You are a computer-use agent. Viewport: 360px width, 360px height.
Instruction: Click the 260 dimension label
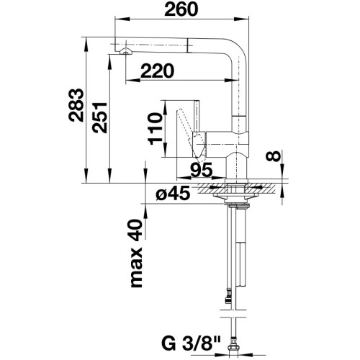(x=181, y=9)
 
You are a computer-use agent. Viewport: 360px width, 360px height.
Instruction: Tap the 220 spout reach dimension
(x=157, y=71)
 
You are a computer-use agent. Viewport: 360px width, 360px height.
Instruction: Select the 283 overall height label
(x=76, y=105)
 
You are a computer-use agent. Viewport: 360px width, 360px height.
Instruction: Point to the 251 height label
(x=99, y=117)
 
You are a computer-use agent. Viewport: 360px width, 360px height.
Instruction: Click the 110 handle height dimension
(x=154, y=129)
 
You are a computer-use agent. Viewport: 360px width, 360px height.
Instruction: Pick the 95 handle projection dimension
(x=202, y=170)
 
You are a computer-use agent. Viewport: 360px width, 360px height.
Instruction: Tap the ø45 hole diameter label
(x=173, y=194)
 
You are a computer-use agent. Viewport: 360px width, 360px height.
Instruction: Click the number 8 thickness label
(x=273, y=156)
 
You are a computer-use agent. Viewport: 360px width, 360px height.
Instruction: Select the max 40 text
(x=136, y=253)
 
